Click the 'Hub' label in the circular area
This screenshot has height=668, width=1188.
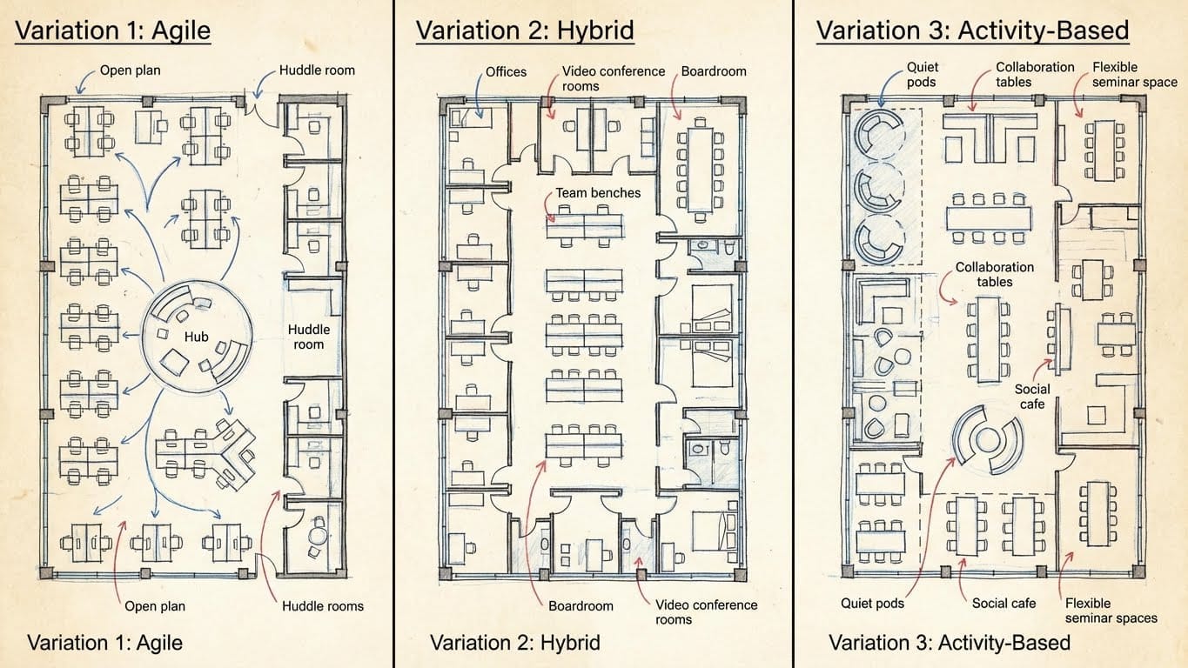coord(196,337)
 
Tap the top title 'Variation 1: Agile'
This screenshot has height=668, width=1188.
coord(112,31)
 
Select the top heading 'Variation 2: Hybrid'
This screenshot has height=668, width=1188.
coord(524,31)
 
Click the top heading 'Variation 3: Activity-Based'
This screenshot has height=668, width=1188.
coord(972,31)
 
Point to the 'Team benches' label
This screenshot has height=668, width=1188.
coord(598,192)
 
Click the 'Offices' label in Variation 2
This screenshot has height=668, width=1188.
coord(506,71)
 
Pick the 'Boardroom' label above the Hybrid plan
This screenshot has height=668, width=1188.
coord(714,71)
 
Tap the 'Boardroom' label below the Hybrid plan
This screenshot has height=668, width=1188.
coord(581,605)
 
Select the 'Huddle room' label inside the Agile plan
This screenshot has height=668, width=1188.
coord(309,337)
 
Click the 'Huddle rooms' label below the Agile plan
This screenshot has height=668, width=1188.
coord(323,605)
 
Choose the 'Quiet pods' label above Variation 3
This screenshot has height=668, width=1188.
coord(922,74)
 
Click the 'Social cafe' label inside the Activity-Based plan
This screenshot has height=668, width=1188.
coord(1032,397)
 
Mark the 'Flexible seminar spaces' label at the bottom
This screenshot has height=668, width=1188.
coord(1111,611)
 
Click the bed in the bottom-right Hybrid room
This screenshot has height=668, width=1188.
coord(712,530)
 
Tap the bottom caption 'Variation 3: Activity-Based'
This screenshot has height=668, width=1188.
coord(949,644)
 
